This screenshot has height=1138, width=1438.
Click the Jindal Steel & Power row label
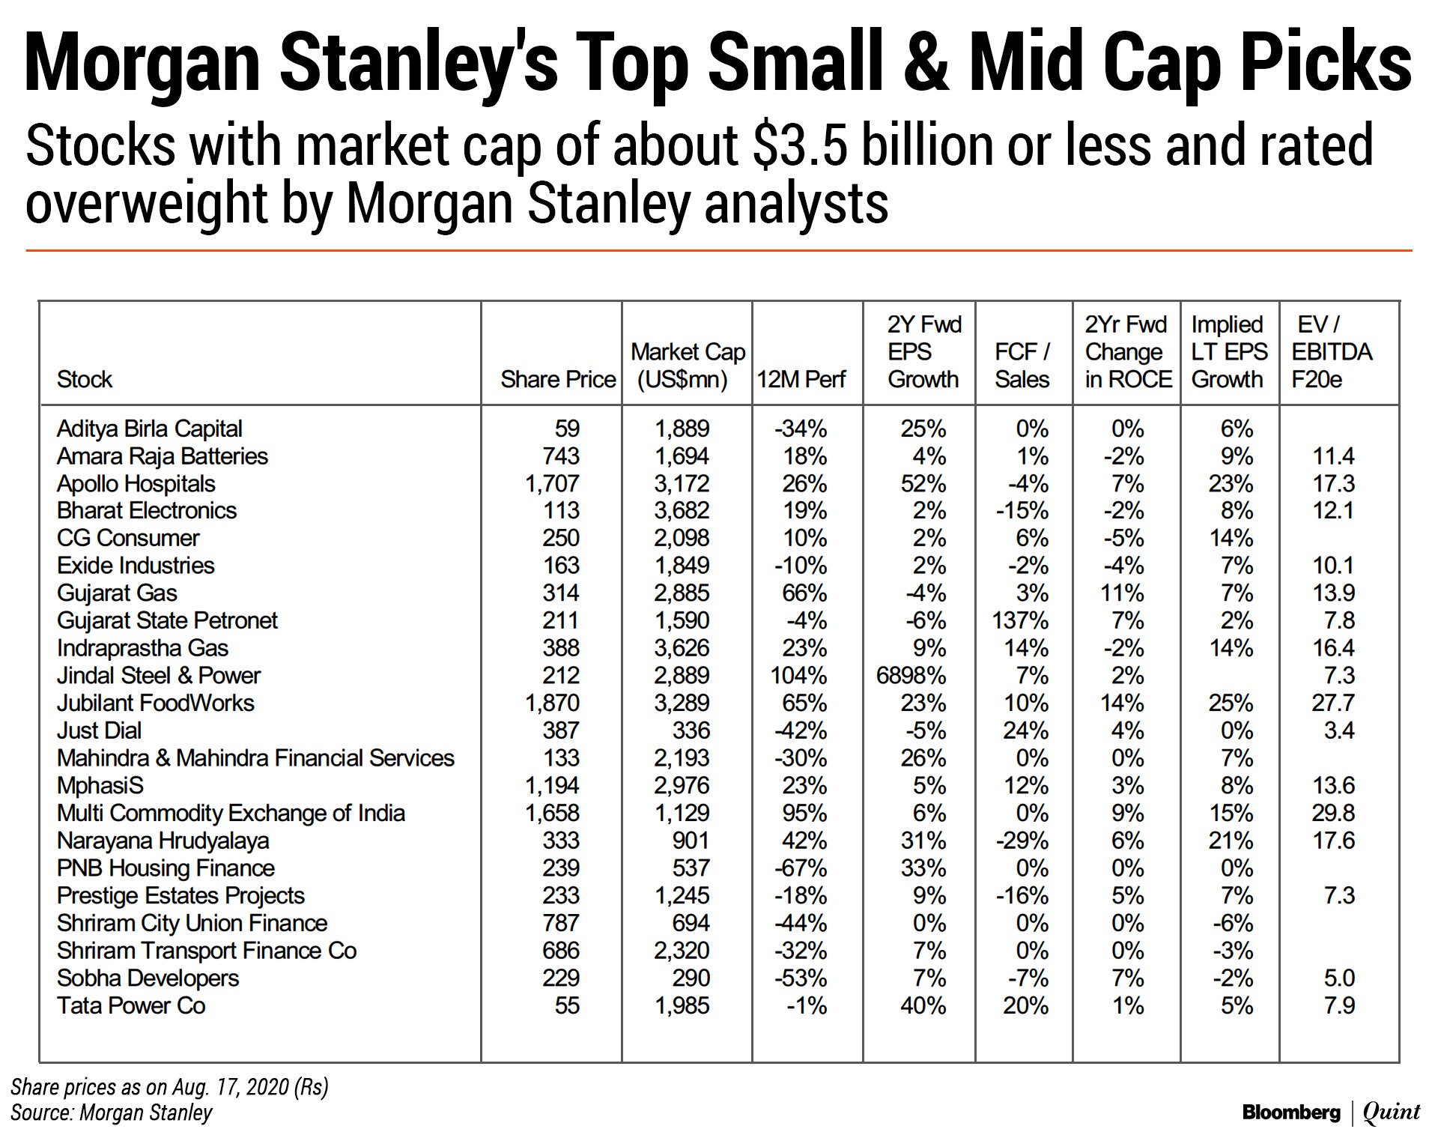click(159, 676)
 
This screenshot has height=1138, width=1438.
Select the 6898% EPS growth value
click(911, 676)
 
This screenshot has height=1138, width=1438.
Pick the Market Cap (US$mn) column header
click(688, 366)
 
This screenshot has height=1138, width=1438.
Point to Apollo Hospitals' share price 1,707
click(552, 483)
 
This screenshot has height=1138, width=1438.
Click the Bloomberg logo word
click(1290, 1113)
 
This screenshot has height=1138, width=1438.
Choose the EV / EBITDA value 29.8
click(1333, 813)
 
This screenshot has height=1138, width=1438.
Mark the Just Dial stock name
click(99, 730)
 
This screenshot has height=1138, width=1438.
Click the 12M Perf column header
click(801, 379)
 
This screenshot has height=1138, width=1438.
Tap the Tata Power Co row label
click(131, 1005)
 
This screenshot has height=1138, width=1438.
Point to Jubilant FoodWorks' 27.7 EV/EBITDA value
click(1333, 703)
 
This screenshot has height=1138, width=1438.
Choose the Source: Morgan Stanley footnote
click(112, 1113)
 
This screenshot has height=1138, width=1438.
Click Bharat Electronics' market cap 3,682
click(682, 510)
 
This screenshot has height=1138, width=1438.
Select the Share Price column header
click(558, 379)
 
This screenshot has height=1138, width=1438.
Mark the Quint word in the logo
click(1392, 1113)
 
